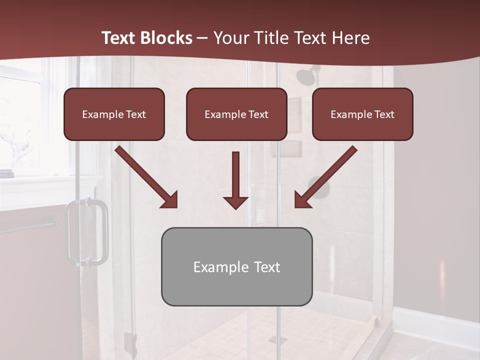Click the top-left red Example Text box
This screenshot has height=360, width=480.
114,114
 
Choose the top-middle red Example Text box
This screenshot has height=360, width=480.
236,114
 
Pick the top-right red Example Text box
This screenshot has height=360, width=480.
362,114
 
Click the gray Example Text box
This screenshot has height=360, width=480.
236,267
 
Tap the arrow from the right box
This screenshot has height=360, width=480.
325,177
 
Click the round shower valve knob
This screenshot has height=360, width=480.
320,187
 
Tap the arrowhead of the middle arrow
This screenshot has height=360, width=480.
235,202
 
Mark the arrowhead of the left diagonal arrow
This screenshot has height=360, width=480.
169,199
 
